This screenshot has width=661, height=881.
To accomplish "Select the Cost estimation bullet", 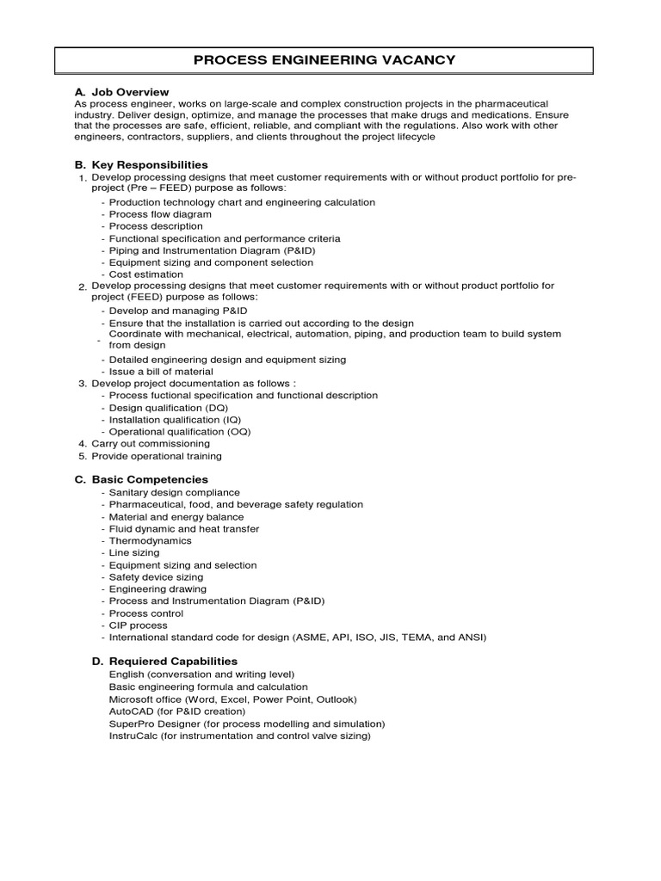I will click(x=145, y=274).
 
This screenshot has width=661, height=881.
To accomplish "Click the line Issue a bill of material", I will click(x=161, y=372).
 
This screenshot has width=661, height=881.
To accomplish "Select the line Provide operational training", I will click(x=157, y=456).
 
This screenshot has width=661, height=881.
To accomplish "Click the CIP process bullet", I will click(x=139, y=625).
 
